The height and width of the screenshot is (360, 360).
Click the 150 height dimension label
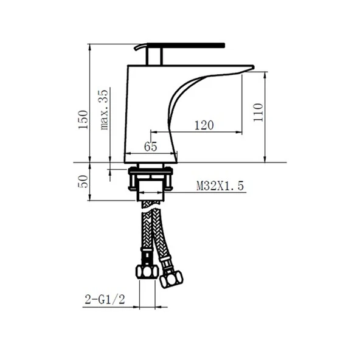83,120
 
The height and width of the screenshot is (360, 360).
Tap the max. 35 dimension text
104,110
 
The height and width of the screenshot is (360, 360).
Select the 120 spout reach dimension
204,125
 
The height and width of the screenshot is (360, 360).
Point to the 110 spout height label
258,112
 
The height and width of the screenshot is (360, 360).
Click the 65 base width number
151,147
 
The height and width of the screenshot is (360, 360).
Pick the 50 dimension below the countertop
83,182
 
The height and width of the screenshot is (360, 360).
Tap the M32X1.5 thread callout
220,185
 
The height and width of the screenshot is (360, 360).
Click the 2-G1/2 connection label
105,299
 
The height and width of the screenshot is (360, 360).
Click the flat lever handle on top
186,45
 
